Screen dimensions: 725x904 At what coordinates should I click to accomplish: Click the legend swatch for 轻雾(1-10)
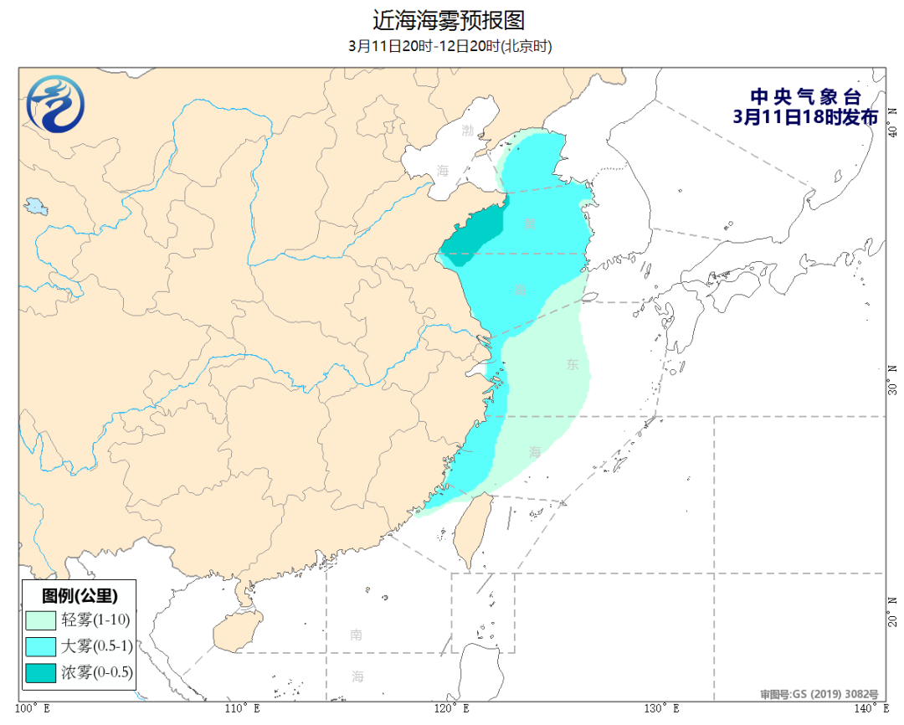(x=40, y=620)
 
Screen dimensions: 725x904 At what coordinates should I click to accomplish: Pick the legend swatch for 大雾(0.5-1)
(x=40, y=645)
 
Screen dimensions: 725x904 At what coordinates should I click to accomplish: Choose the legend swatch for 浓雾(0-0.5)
(x=40, y=671)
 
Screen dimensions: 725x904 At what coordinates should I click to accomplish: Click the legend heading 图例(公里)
(x=80, y=596)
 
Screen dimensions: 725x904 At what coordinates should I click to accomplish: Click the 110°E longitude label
(x=244, y=709)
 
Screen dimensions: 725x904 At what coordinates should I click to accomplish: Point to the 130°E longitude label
(x=663, y=709)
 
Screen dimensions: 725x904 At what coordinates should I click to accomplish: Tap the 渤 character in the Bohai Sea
(x=467, y=131)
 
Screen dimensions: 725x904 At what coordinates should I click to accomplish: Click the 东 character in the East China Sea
(x=573, y=364)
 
